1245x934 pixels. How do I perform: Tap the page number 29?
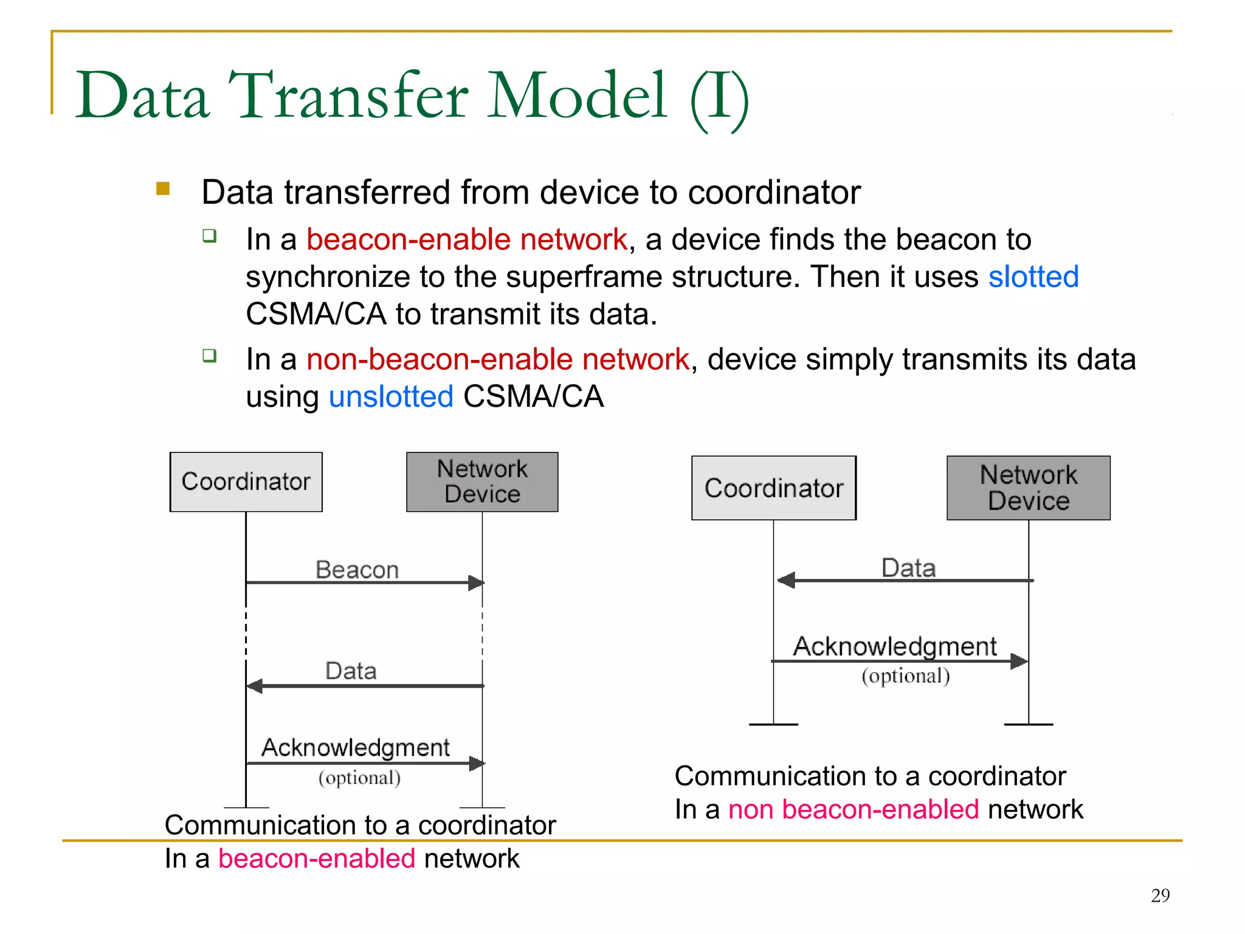[1160, 895]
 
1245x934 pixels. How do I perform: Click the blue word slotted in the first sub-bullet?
[1033, 277]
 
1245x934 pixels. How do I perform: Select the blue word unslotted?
[391, 397]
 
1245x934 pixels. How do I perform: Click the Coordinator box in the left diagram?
[246, 482]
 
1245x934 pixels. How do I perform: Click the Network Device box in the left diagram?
[482, 482]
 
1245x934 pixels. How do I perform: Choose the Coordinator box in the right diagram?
[773, 488]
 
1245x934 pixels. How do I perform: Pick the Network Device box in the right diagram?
[1028, 488]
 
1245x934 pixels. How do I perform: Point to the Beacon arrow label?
[357, 570]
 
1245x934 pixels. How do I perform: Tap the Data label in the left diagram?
[351, 671]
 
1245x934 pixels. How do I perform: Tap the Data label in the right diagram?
[908, 568]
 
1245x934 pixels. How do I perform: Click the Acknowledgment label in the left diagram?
[355, 747]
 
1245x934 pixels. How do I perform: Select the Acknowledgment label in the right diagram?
[894, 646]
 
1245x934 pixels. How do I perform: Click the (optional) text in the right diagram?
[905, 676]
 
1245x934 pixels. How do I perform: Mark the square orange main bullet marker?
[163, 189]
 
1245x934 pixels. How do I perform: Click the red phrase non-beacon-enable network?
[497, 359]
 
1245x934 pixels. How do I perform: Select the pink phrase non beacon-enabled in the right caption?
[853, 810]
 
